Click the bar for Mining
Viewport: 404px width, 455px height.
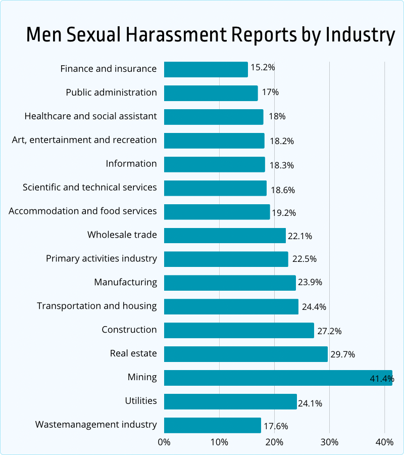278,378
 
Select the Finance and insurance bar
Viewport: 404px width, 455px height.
206,69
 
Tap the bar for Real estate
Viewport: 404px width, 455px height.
246,354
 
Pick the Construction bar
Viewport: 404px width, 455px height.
239,330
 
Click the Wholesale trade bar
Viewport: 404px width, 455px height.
225,235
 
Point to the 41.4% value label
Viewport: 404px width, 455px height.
381,378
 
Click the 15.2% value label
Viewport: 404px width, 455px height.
263,67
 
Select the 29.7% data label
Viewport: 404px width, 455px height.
342,354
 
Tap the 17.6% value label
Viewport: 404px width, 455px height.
276,426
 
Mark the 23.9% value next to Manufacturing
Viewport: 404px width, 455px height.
310,283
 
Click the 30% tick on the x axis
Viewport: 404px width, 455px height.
329,442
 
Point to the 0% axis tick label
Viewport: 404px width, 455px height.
164,442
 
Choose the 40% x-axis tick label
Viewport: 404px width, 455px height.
384,442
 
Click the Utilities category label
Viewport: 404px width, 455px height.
141,401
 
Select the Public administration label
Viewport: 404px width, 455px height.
111,93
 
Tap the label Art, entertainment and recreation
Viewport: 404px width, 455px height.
84,140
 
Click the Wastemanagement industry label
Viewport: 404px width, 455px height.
96,425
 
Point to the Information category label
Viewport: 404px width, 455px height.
131,164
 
